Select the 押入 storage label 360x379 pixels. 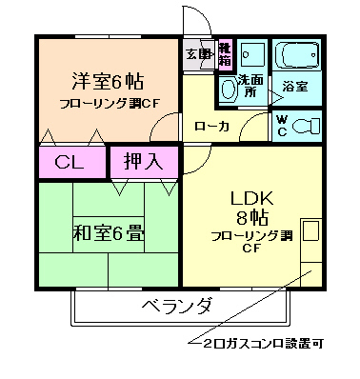click(x=142, y=161)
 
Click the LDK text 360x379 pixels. click(x=251, y=199)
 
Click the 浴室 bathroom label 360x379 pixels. click(x=295, y=87)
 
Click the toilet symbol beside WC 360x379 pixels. click(x=306, y=126)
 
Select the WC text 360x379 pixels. click(x=281, y=126)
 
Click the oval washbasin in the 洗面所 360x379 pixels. click(x=228, y=90)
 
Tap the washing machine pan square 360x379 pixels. click(x=251, y=54)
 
